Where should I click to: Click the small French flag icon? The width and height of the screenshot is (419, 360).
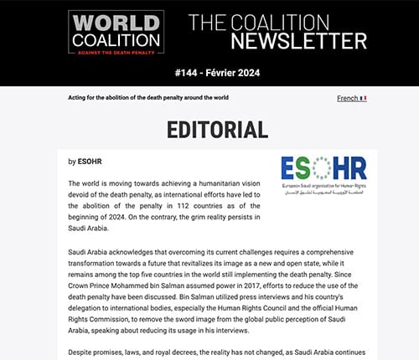[363, 98]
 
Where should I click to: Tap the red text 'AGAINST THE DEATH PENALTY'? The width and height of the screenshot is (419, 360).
[116, 50]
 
